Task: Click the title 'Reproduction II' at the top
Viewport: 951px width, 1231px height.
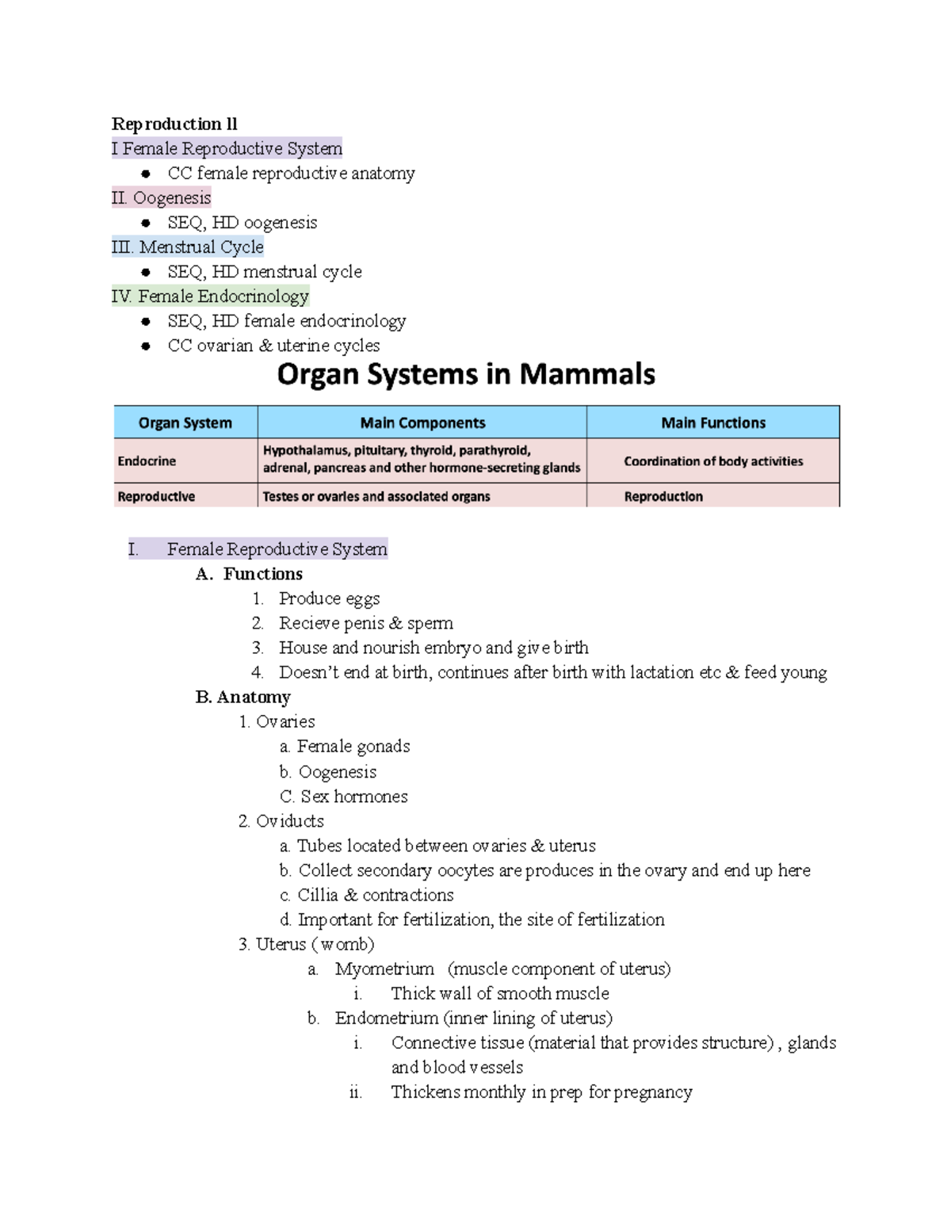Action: click(x=174, y=124)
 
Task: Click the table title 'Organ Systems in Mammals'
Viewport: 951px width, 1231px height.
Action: click(x=466, y=374)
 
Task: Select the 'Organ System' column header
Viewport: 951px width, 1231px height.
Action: click(x=185, y=423)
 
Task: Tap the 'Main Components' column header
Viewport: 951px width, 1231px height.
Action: click(x=422, y=423)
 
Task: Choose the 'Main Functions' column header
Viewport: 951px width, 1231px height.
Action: click(x=713, y=423)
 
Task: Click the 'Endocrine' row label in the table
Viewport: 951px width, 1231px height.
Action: click(x=147, y=461)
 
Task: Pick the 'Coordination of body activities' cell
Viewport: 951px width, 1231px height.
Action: click(x=713, y=461)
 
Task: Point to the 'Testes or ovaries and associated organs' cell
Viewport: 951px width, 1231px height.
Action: click(x=376, y=497)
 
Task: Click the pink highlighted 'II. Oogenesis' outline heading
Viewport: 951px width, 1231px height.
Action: click(x=162, y=198)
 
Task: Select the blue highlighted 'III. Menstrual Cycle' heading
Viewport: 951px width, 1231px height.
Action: click(x=188, y=247)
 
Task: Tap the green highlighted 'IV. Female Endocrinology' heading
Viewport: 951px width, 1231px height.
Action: click(x=211, y=296)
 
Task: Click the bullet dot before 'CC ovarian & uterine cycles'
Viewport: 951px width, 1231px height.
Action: click(x=146, y=346)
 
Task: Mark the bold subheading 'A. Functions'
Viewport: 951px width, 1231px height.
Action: click(x=250, y=574)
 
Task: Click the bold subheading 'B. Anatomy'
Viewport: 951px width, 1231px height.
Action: click(x=243, y=697)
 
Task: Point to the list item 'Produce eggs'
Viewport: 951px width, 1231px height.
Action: click(x=329, y=598)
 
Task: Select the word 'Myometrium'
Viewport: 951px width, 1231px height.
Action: click(x=384, y=969)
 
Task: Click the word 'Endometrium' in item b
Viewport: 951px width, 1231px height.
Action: click(x=386, y=1018)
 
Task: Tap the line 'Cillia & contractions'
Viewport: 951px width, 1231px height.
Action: click(x=376, y=895)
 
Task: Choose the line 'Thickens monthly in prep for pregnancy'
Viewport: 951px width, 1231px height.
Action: click(x=541, y=1092)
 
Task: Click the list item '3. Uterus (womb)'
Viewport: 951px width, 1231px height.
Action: click(x=307, y=944)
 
